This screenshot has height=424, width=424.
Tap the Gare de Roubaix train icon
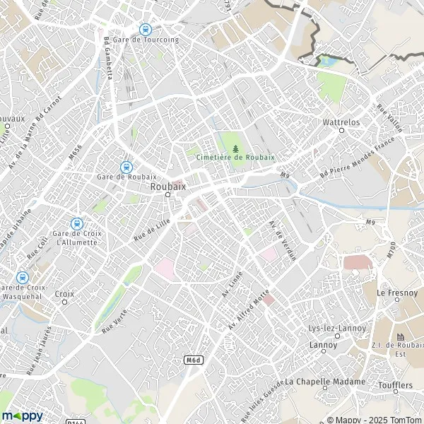pos(126,167)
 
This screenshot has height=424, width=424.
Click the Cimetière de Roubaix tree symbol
pos(236,148)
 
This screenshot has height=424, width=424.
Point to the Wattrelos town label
pos(341,122)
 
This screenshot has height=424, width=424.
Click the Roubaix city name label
pos(167,187)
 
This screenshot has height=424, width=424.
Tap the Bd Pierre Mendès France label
pos(356,158)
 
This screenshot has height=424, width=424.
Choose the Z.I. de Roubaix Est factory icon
pos(402,336)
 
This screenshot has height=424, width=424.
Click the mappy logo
pos(23,416)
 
